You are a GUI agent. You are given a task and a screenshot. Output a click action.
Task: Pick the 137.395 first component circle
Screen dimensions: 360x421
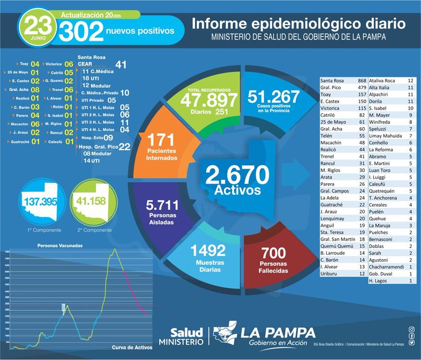[41, 202]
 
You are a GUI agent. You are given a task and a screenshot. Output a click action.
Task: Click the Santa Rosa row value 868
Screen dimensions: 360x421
[362, 81]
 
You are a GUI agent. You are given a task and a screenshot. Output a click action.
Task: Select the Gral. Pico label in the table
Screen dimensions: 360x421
[332, 88]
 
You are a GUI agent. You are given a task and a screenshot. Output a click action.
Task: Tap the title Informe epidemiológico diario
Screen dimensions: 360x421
[298, 24]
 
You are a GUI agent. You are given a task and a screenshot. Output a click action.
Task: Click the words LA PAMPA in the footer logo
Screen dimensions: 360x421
[277, 333]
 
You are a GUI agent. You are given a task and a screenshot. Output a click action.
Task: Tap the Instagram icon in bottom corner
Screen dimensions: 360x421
[412, 329]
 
